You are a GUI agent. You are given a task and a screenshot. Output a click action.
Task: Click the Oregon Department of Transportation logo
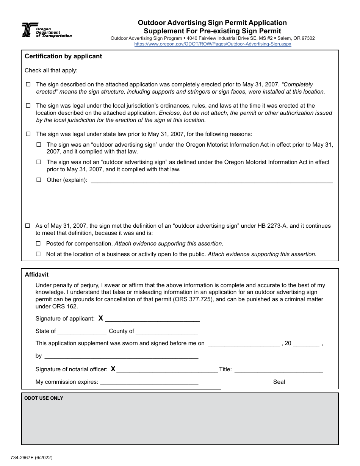pyautogui.click(x=46, y=30)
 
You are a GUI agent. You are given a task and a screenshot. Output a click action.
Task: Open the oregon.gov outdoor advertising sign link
pyautogui.click(x=213, y=44)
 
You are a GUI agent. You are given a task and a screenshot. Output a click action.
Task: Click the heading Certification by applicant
pyautogui.click(x=63, y=56)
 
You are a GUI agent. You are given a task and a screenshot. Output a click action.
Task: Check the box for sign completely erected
pyautogui.click(x=28, y=84)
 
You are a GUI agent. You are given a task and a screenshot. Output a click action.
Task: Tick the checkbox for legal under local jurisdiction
pyautogui.click(x=28, y=106)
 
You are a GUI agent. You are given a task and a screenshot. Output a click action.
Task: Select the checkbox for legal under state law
pyautogui.click(x=28, y=134)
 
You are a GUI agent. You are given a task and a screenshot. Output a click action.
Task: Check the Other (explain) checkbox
pyautogui.click(x=39, y=180)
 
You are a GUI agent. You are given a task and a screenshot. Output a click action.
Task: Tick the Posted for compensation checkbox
pyautogui.click(x=38, y=244)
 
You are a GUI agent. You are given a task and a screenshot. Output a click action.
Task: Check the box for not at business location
pyautogui.click(x=38, y=254)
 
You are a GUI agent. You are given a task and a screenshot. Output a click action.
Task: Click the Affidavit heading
pyautogui.click(x=37, y=275)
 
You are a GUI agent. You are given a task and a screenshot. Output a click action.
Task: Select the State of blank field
pyautogui.click(x=82, y=332)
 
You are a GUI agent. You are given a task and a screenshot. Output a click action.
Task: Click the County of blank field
pyautogui.click(x=166, y=332)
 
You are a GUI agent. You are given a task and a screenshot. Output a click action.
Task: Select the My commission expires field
pyautogui.click(x=149, y=382)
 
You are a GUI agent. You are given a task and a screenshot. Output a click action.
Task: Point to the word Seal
pyautogui.click(x=279, y=382)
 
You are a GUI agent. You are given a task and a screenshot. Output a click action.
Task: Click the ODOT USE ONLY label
pyautogui.click(x=44, y=398)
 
